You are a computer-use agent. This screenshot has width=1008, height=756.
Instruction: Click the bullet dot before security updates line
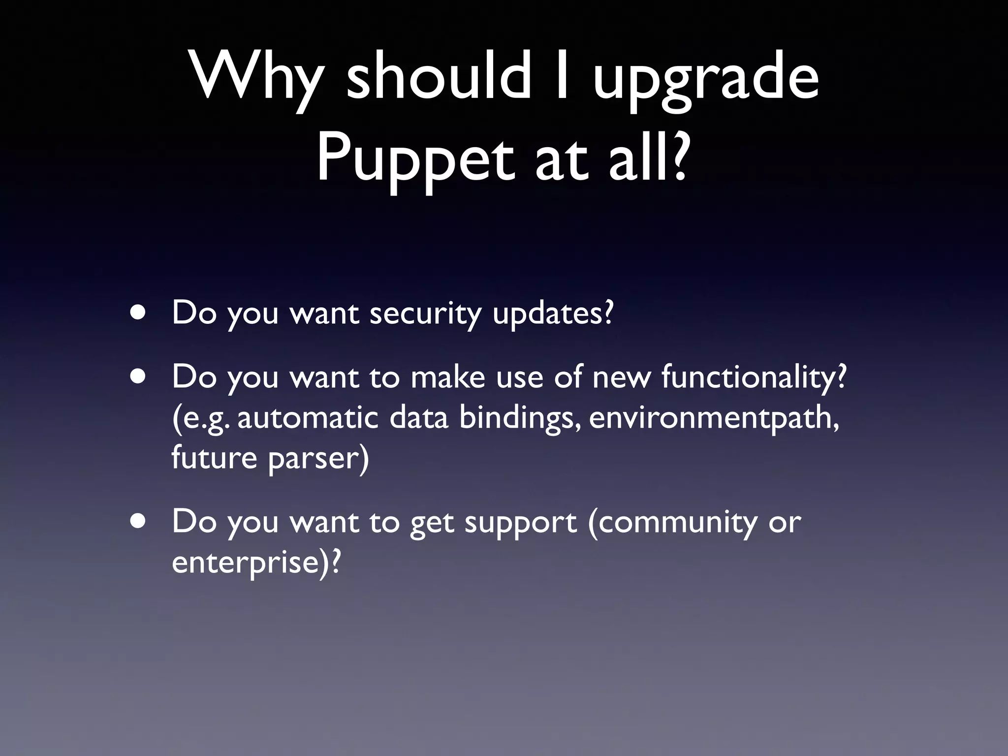[x=138, y=314]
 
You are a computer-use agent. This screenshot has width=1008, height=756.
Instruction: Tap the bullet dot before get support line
[x=138, y=522]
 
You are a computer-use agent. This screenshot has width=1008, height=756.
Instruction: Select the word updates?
[x=553, y=314]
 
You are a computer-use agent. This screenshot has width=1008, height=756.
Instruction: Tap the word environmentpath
[x=714, y=418]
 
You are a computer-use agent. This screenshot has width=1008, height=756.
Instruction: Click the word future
[x=214, y=458]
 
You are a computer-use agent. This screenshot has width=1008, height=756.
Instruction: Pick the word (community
[x=672, y=523]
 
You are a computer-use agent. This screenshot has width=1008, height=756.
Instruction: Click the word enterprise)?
[x=256, y=563]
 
